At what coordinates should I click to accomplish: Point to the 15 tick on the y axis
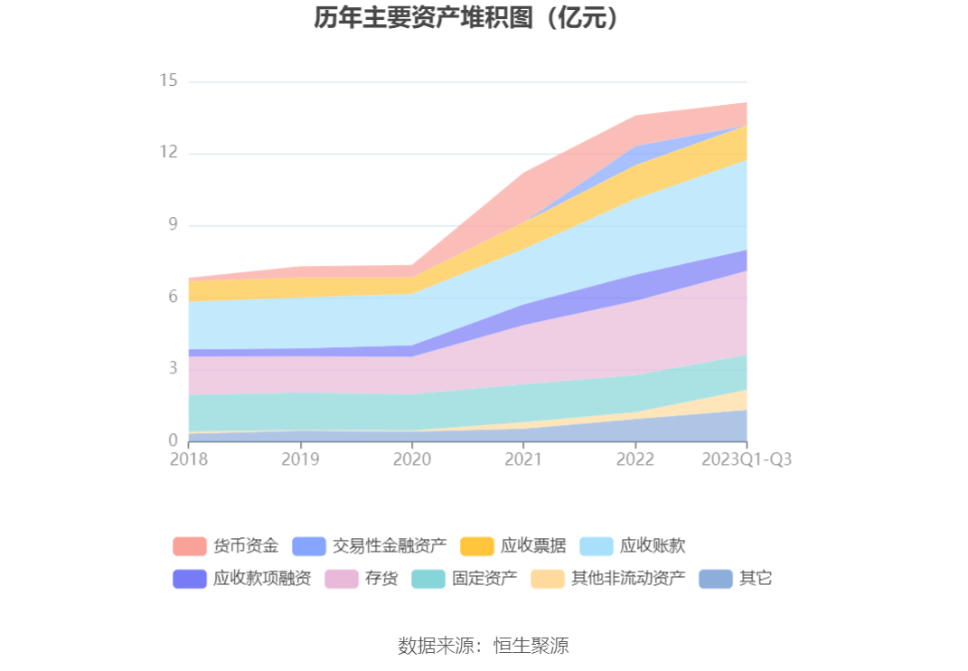click(168, 81)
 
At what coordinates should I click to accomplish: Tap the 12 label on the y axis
click(168, 153)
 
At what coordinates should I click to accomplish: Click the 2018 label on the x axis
click(188, 459)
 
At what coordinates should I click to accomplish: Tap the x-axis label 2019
click(300, 459)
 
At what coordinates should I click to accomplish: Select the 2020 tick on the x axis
click(412, 459)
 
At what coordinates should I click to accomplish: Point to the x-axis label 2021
click(523, 459)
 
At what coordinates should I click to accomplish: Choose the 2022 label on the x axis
click(635, 459)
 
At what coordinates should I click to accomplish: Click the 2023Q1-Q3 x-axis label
click(747, 459)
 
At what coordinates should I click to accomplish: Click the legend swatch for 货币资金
click(190, 546)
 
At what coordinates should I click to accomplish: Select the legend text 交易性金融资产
click(390, 546)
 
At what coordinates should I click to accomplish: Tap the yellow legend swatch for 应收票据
click(477, 546)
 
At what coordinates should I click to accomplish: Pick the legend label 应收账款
click(653, 546)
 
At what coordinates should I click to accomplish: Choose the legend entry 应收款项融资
click(262, 579)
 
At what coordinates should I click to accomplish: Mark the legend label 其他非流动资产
click(628, 579)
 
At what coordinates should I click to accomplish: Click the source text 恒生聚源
click(531, 646)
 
